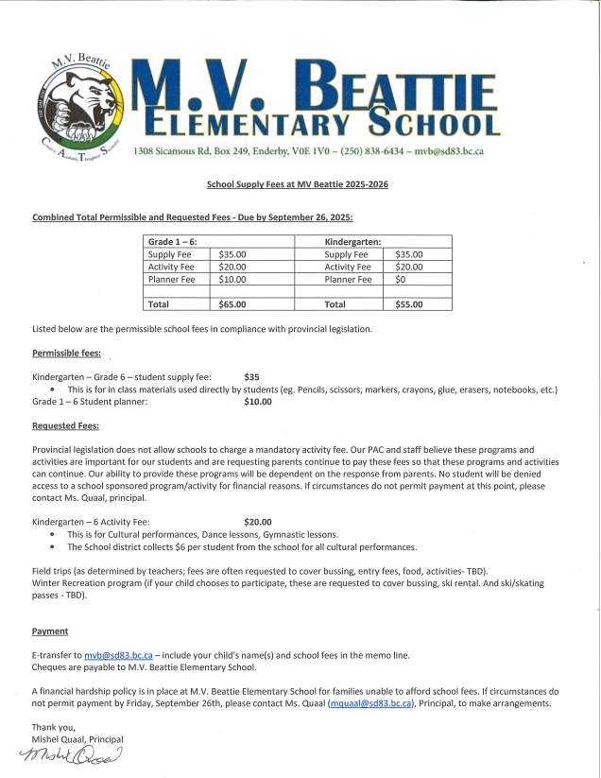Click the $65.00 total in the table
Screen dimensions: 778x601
point(232,304)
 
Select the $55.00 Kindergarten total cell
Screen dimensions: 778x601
point(409,304)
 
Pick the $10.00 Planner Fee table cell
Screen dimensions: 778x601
point(232,279)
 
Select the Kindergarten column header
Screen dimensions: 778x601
point(352,242)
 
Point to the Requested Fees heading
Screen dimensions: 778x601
point(65,425)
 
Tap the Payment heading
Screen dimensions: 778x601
point(49,630)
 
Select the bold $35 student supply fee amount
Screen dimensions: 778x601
point(251,376)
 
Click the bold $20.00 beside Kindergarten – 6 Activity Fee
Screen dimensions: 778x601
point(257,521)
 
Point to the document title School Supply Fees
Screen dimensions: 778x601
point(297,184)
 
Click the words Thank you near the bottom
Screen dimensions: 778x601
point(52,726)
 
